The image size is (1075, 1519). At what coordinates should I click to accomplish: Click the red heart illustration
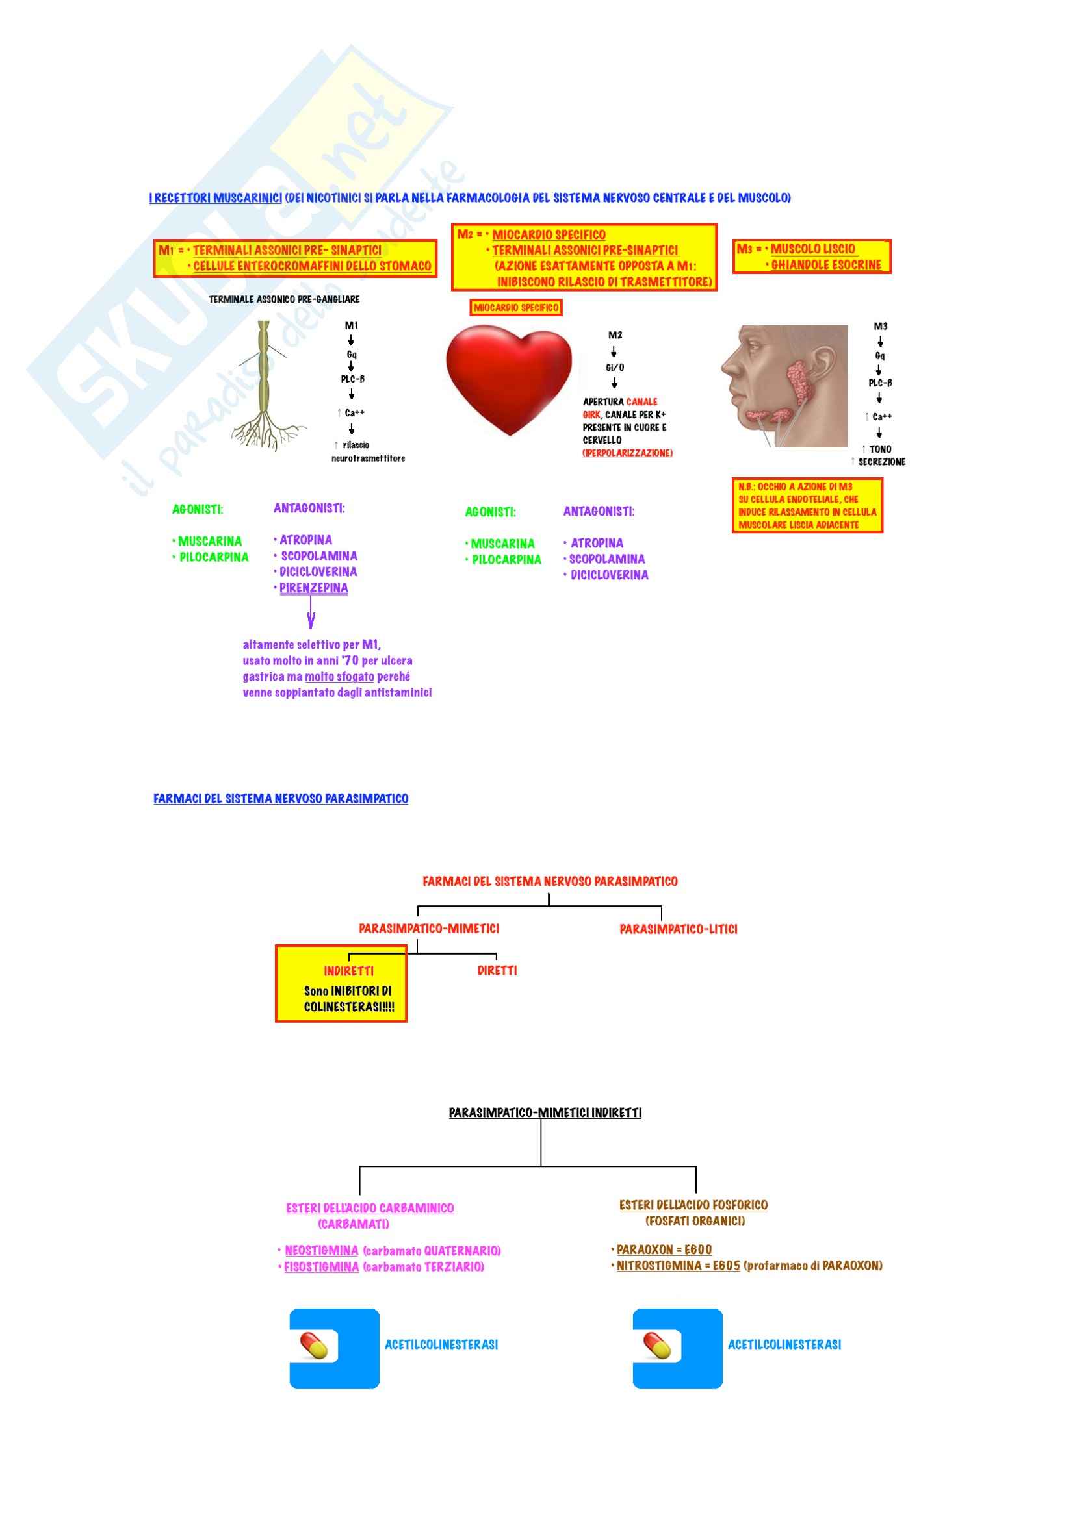[508, 377]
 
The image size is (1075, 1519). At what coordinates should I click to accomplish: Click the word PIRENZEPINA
[313, 588]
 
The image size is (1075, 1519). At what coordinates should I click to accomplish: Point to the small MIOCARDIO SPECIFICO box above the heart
[515, 308]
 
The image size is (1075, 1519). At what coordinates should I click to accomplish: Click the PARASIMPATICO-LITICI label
[678, 929]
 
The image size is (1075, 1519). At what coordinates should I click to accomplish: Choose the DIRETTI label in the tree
[497, 970]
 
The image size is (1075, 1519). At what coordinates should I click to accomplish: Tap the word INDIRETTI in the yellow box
[348, 971]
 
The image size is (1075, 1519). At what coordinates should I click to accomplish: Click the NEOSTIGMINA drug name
[321, 1250]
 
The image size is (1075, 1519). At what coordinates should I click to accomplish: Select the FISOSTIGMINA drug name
[321, 1267]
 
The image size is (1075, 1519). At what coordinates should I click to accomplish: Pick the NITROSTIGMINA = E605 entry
[678, 1266]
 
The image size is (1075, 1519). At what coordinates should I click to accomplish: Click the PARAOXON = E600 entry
[664, 1249]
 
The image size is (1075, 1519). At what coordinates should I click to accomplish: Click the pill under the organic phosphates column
[657, 1346]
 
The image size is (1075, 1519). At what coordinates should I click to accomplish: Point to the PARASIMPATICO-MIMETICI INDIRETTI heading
[545, 1113]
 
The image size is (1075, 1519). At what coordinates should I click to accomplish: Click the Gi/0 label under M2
[615, 368]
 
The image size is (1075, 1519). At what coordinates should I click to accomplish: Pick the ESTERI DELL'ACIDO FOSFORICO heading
[693, 1205]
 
